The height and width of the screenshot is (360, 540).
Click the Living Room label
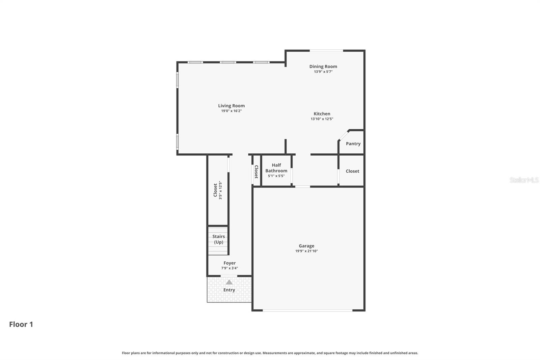(x=231, y=106)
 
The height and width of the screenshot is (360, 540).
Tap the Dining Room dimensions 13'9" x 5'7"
(x=323, y=72)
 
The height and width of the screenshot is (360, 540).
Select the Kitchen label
(x=322, y=114)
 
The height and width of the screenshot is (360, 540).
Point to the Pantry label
(x=353, y=144)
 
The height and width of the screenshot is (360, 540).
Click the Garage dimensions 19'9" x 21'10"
(x=306, y=251)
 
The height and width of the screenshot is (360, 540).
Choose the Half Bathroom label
(x=276, y=168)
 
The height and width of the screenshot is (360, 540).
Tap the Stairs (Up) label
(x=218, y=239)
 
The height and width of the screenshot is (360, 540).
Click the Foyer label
(x=230, y=263)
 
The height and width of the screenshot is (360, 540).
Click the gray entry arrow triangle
(x=229, y=282)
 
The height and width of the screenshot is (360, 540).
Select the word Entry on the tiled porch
(x=229, y=290)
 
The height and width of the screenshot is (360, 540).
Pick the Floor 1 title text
(x=21, y=324)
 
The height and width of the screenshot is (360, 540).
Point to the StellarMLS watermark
(x=524, y=180)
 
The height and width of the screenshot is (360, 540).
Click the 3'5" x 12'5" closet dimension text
(x=220, y=190)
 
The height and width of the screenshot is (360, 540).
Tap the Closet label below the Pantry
(x=352, y=171)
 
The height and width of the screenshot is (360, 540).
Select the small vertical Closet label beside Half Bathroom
(x=256, y=172)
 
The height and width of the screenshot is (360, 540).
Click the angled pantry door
(x=344, y=135)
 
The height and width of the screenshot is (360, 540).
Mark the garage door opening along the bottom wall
(x=308, y=310)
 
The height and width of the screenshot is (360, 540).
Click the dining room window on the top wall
(x=326, y=51)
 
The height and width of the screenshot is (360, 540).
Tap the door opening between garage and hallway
(x=302, y=186)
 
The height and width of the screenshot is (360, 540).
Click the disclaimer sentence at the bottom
(x=270, y=353)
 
